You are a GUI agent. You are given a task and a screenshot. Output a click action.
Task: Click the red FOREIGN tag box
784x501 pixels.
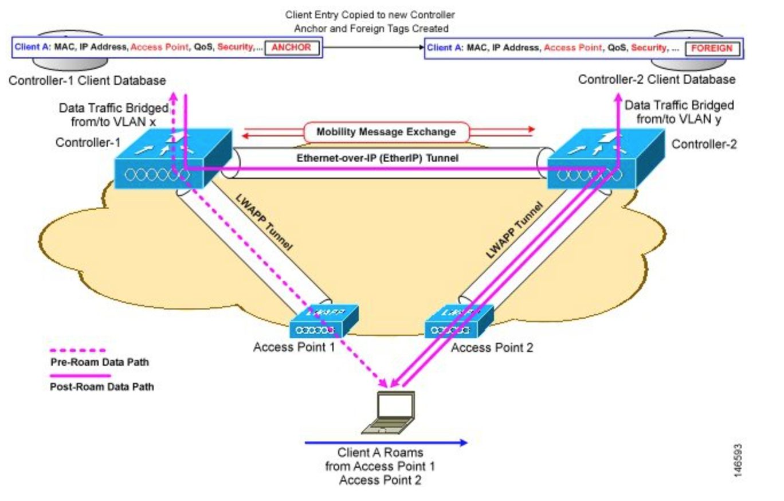click(x=712, y=48)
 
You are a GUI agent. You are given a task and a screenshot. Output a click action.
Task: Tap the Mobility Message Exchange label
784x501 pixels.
click(x=387, y=132)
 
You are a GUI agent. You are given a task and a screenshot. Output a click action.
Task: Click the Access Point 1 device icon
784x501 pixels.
click(x=323, y=322)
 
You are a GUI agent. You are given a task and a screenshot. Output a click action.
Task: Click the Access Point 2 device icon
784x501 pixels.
click(x=458, y=322)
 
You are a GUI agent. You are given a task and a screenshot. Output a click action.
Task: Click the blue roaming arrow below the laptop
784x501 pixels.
click(x=386, y=442)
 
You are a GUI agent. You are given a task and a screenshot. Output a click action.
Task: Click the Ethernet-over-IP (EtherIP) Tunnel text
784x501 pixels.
click(x=377, y=158)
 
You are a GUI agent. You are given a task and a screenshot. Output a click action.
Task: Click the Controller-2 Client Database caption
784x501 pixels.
click(x=656, y=80)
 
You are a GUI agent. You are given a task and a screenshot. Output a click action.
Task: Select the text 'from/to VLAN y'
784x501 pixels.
click(x=680, y=120)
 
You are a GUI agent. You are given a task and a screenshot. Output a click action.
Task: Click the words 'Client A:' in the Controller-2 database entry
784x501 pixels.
click(x=445, y=48)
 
